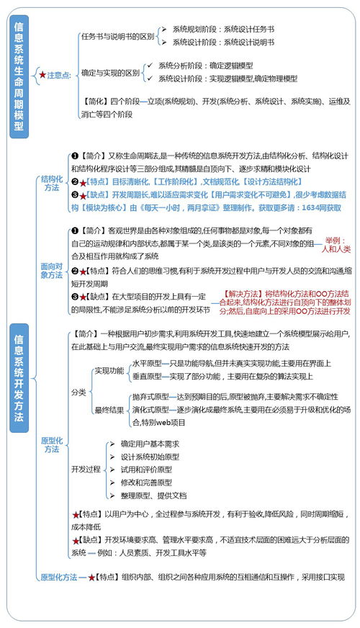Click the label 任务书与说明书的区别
117,36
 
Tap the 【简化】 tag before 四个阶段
96,102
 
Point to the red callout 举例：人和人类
336,244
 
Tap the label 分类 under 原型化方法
78,392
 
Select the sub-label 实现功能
109,370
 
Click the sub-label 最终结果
109,410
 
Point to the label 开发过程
86,469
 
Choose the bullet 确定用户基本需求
150,444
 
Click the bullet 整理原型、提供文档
153,495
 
